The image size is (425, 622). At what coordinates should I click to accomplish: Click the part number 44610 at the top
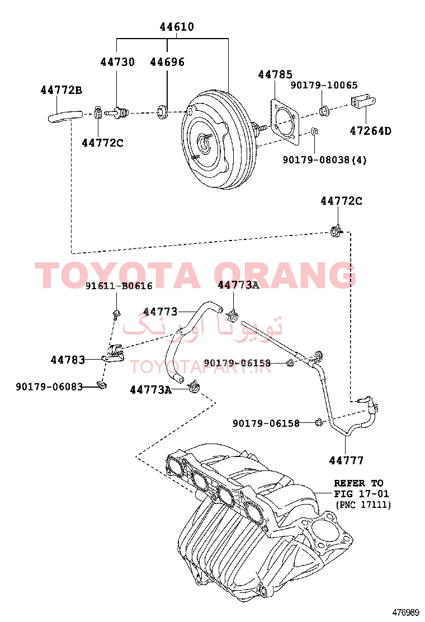coord(177,27)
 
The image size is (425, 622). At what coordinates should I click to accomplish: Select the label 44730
coord(117,62)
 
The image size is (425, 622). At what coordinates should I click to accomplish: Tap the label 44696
coord(167,62)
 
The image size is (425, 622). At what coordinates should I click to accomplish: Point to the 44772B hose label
coord(62,91)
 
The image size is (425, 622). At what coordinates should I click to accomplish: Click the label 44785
coord(275,74)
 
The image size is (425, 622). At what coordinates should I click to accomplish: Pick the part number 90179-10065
coord(324,85)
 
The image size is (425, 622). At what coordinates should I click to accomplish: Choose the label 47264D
coord(370,131)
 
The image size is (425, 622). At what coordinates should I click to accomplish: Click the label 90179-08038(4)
coord(325,160)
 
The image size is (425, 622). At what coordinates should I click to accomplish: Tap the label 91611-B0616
coord(119,286)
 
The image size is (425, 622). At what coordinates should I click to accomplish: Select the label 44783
coord(68,360)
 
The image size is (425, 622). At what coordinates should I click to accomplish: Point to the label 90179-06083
coord(49,387)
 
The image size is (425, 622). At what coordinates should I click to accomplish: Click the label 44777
coord(346,460)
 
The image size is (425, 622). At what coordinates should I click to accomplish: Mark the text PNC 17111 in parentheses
coord(363,505)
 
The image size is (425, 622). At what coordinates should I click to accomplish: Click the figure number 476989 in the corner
coord(406,612)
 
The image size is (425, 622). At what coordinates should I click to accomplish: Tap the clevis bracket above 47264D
coord(363,102)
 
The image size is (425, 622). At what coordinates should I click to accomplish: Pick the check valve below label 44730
coord(117,113)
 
